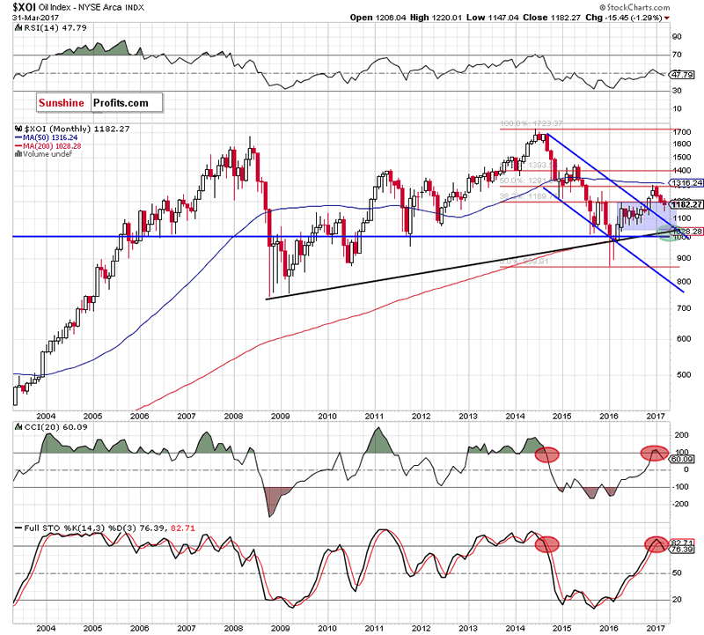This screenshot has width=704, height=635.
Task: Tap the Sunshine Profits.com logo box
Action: pos(99,103)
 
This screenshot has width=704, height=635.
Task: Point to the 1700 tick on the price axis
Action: pos(683,131)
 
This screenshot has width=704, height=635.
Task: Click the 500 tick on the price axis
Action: pos(682,374)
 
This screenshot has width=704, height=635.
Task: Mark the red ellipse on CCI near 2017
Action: pos(654,452)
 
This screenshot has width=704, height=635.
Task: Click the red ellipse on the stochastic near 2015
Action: pos(547,543)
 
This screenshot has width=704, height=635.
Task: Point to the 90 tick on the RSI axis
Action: pos(678,37)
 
